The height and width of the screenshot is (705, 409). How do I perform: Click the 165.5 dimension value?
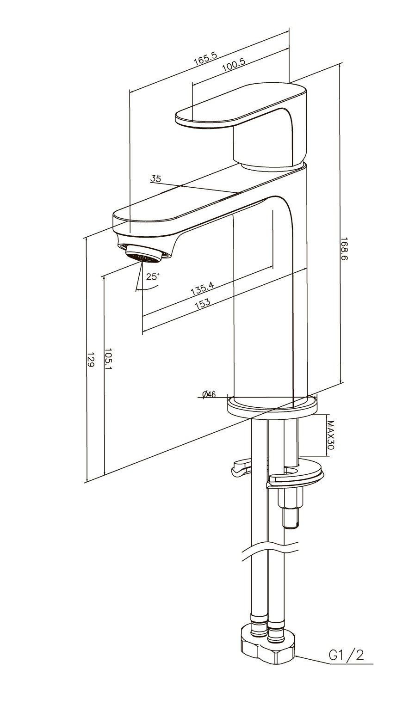[205, 59]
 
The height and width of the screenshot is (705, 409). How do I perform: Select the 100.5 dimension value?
[234, 64]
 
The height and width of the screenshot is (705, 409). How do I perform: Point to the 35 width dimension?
[155, 178]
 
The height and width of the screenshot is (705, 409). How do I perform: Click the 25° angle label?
[153, 276]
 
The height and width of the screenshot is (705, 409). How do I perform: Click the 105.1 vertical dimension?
[108, 359]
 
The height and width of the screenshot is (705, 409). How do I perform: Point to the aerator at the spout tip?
[144, 254]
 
